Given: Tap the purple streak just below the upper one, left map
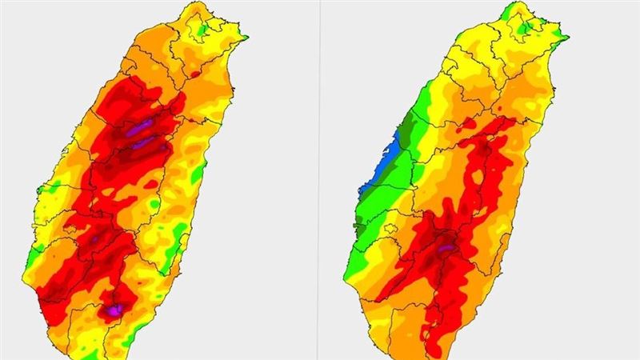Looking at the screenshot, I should [145, 143].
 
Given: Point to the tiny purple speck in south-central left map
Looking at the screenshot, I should [94, 238].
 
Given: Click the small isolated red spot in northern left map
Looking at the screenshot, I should [195, 74].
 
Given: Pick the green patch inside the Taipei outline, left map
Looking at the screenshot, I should [203, 30].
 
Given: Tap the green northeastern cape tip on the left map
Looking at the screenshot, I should [242, 35].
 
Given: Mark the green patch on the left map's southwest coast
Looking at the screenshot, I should [34, 258].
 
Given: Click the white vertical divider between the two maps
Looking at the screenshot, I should [320, 180].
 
